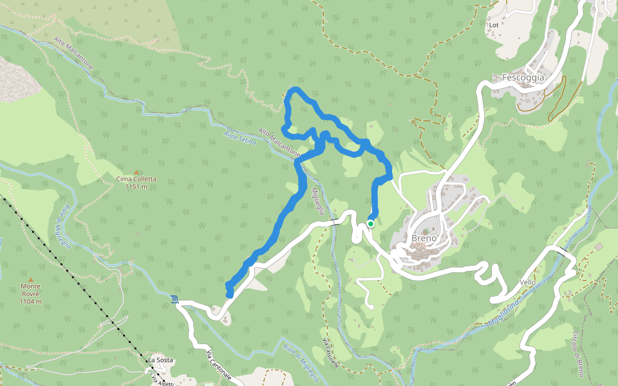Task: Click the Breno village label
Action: point(424,238)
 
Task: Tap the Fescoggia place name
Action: point(523,78)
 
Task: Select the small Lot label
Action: point(494,25)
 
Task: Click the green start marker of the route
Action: point(371,224)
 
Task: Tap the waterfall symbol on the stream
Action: point(176,299)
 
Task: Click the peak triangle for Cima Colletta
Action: point(136,172)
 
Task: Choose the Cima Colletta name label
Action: point(136,179)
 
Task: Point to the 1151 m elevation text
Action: point(136,187)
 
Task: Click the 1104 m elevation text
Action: point(30,301)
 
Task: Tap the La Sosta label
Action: point(161,360)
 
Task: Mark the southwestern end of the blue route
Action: point(229,294)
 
